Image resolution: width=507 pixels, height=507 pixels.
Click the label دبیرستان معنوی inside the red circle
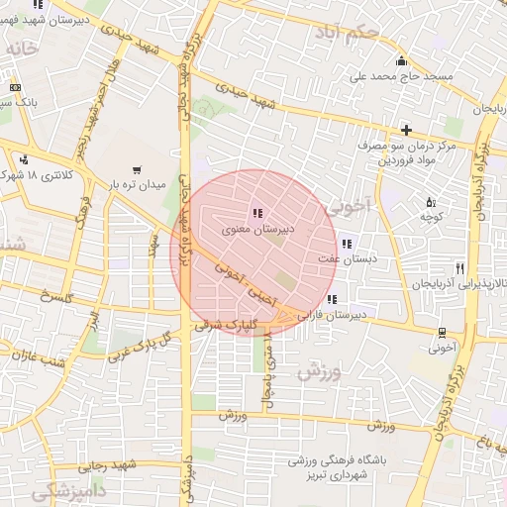(256, 229)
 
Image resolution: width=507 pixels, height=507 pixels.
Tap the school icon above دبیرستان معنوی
(257, 213)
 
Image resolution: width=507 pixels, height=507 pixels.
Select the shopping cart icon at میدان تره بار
(149, 169)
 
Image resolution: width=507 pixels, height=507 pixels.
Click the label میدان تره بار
(135, 185)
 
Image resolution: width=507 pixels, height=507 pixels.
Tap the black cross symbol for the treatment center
(406, 130)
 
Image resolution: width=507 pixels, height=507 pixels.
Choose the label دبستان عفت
(338, 258)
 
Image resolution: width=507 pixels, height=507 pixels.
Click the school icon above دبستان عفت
(346, 243)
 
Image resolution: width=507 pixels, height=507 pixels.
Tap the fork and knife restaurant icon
(459, 268)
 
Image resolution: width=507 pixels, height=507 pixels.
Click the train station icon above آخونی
(441, 333)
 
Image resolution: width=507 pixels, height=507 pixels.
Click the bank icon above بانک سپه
(14, 87)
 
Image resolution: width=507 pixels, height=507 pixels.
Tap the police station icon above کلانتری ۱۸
(23, 159)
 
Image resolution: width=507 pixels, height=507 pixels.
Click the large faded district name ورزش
(318, 372)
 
